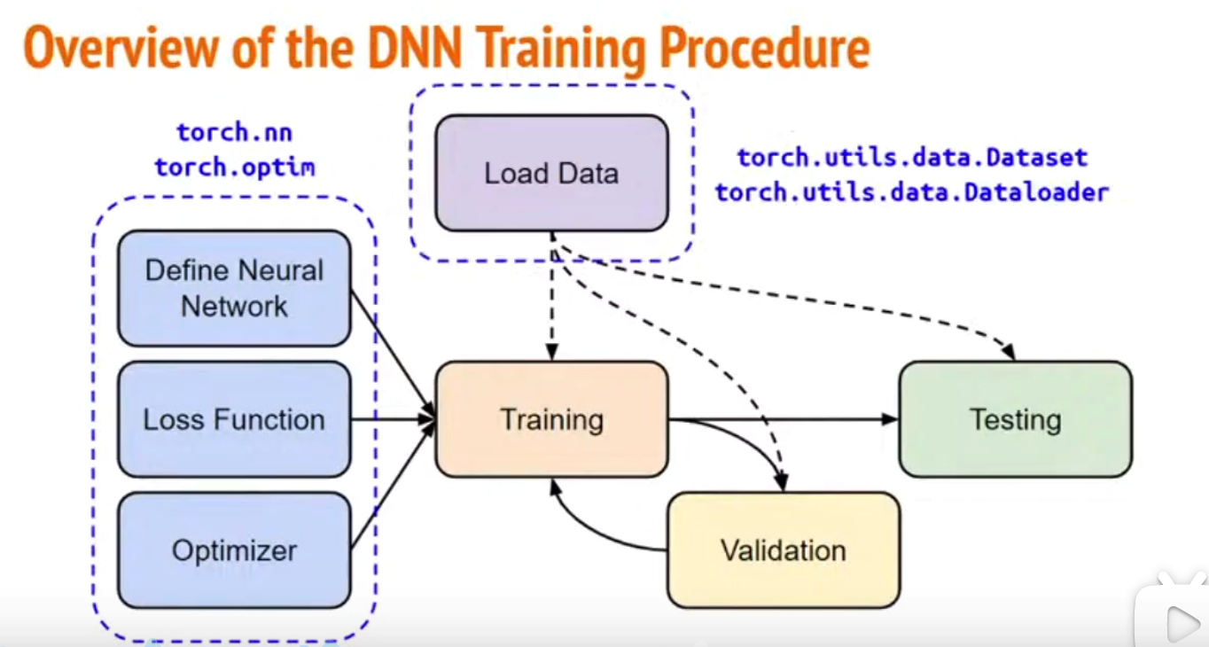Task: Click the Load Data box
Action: [550, 173]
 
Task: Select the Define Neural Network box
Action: [234, 288]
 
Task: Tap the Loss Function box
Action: [234, 419]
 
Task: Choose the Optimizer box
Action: [234, 550]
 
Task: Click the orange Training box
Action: [550, 419]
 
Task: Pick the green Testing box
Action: [1015, 419]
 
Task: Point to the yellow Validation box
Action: [783, 550]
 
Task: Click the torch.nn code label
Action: [234, 133]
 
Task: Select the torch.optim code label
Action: [234, 167]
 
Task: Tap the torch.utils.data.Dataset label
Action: [912, 158]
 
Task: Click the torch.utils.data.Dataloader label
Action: [912, 191]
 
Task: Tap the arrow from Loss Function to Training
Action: [390, 419]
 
